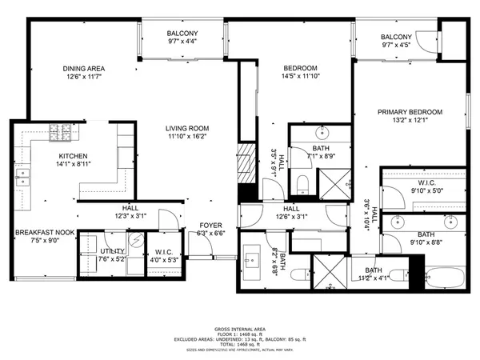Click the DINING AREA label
[86, 68]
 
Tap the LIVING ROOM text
[187, 128]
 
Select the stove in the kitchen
[58, 132]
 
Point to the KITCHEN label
[73, 156]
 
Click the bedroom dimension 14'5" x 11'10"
[301, 76]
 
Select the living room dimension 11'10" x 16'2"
[187, 136]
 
